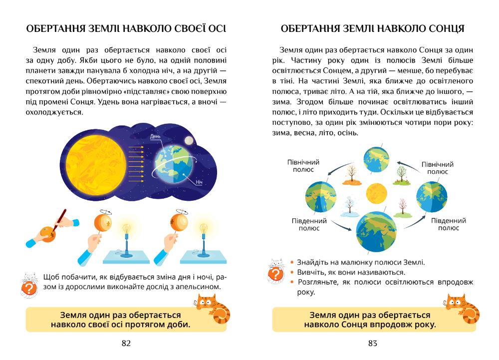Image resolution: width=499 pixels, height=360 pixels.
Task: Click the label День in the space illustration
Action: (x=155, y=136)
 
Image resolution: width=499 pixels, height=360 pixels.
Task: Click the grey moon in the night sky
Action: (x=189, y=139)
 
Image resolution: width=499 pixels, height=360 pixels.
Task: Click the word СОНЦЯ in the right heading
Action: (x=444, y=29)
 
